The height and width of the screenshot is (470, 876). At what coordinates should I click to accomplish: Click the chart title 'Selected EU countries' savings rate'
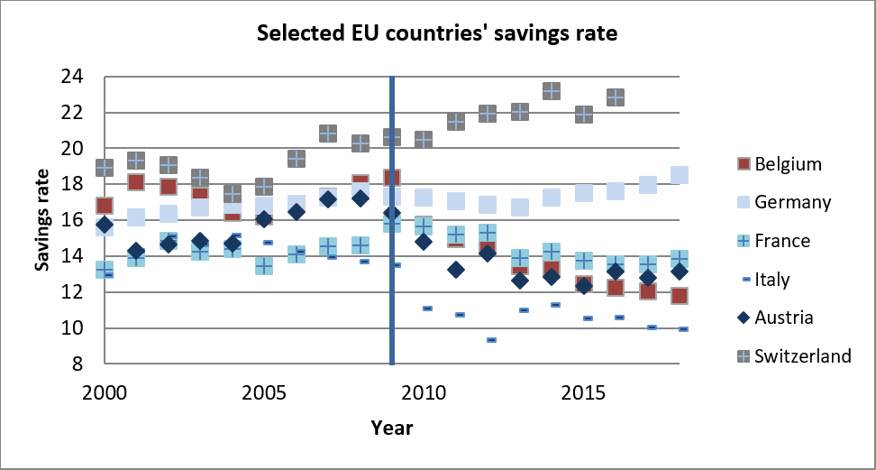(x=437, y=34)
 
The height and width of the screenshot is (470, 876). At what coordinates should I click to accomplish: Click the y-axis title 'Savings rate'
(x=42, y=220)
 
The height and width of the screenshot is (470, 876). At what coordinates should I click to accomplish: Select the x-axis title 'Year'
(x=391, y=427)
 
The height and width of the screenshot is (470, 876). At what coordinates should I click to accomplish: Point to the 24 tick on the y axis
(x=71, y=77)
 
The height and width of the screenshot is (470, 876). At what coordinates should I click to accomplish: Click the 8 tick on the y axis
(x=77, y=364)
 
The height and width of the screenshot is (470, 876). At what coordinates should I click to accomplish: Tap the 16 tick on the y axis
(x=71, y=220)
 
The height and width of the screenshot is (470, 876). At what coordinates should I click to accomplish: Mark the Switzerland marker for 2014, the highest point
(x=552, y=91)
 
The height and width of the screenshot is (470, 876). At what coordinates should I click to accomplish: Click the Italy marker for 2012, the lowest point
(x=491, y=340)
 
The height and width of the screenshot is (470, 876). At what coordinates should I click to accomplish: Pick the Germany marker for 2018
(x=680, y=175)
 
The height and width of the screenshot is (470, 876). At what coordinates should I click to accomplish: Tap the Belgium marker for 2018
(x=680, y=296)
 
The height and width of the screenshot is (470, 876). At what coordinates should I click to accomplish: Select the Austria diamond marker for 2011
(x=456, y=270)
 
